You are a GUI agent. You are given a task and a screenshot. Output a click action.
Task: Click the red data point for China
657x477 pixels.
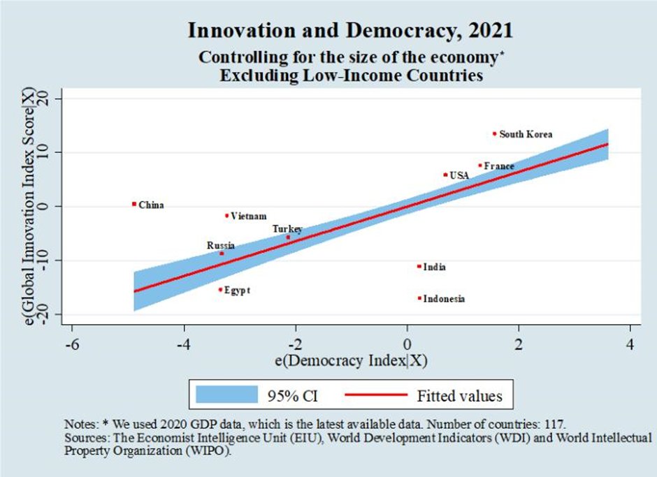(x=133, y=204)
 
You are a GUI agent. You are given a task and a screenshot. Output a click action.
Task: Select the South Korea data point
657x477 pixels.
(x=494, y=133)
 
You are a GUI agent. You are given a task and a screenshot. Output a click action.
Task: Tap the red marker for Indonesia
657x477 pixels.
(x=419, y=298)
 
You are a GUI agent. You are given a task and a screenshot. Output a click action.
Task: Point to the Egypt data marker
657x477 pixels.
(x=220, y=289)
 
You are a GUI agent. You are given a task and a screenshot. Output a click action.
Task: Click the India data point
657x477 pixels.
(x=419, y=266)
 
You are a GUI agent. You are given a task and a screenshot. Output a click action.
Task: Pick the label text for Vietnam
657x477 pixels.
(x=249, y=217)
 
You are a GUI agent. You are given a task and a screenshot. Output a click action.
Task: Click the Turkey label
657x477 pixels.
(x=287, y=229)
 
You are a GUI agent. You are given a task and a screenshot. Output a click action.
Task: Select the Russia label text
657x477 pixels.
(x=221, y=246)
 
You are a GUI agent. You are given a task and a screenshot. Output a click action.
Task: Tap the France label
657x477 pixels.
(x=499, y=166)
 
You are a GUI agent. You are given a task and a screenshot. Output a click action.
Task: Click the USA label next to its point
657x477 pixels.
(x=459, y=175)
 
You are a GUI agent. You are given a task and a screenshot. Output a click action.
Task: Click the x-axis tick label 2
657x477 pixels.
(x=518, y=344)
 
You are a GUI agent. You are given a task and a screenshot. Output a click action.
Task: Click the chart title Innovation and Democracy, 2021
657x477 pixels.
(x=350, y=31)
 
